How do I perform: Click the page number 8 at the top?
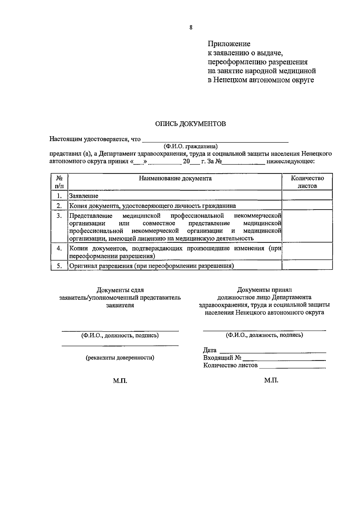[x=191, y=28]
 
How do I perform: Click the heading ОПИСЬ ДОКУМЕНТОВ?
[x=190, y=124]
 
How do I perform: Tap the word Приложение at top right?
[x=229, y=44]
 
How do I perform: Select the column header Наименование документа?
[x=175, y=178]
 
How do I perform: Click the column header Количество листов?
[x=307, y=182]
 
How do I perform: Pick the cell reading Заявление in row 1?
[x=84, y=196]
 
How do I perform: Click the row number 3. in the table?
[x=59, y=216]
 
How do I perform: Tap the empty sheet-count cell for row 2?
[x=307, y=205]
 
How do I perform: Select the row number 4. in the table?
[x=59, y=248]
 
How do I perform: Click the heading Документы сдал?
[x=120, y=290]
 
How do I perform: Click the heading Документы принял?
[x=264, y=290]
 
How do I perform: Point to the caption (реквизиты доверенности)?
[x=120, y=357]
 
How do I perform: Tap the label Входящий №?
[x=222, y=357]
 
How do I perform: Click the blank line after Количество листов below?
[x=292, y=366]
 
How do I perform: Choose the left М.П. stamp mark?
[x=120, y=381]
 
